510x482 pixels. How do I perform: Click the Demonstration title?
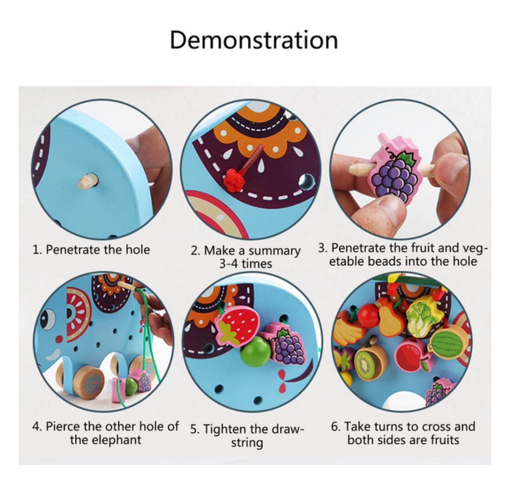[x=254, y=40]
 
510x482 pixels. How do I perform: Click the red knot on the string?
[x=233, y=178]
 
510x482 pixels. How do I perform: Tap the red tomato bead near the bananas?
[x=369, y=315]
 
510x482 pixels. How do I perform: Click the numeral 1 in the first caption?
[x=36, y=250]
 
